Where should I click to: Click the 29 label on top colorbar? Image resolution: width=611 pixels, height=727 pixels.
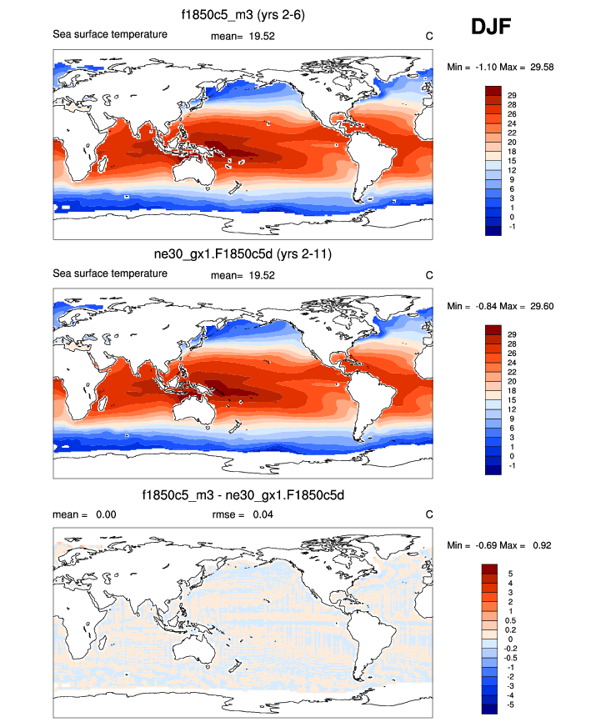[512, 96]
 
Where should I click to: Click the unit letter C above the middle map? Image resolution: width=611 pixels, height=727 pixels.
[428, 275]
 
